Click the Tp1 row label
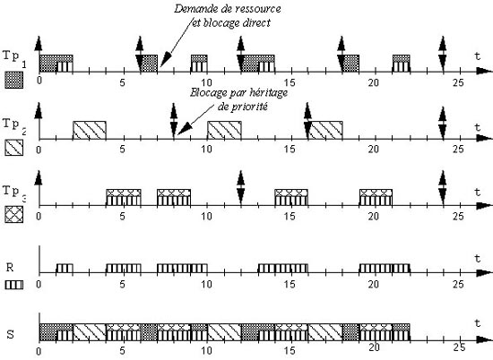coord(14,58)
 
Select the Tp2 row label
coord(14,125)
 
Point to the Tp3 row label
coord(14,192)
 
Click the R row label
coord(10,268)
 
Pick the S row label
coord(11,334)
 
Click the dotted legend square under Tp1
coord(13,80)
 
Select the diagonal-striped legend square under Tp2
coord(13,148)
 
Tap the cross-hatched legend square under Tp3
coord(13,214)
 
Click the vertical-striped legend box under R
coord(14,285)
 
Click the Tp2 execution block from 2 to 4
coord(90,130)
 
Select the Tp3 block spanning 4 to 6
coord(124,197)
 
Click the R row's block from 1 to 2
coord(65,269)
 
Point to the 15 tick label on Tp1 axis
coord(290,83)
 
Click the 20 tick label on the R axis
coord(373,284)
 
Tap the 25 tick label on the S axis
coord(459,347)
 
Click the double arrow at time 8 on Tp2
coord(174,121)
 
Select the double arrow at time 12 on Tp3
coord(241,188)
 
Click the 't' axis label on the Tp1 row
coord(478,56)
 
